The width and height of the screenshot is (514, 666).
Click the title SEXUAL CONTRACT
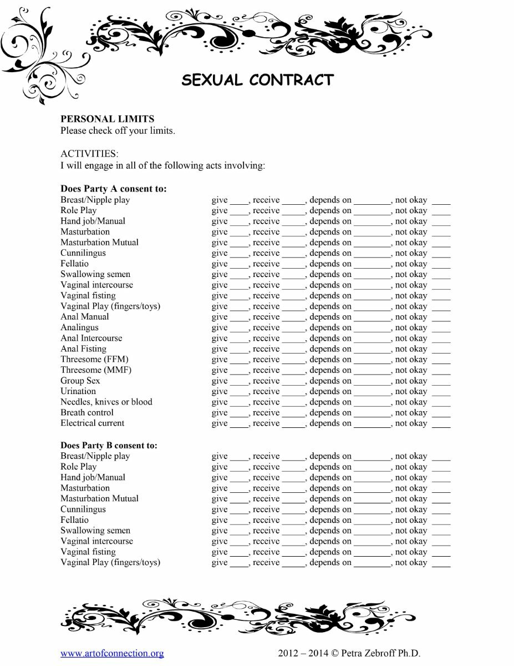(x=258, y=80)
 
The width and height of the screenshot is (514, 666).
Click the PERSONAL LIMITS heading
(x=108, y=119)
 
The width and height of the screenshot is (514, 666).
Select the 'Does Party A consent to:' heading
(x=114, y=189)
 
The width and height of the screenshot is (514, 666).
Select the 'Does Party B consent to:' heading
(x=109, y=445)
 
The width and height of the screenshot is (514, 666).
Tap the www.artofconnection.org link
(x=112, y=653)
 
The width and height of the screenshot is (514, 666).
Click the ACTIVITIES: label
(x=89, y=153)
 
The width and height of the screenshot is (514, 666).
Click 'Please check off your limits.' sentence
(x=118, y=131)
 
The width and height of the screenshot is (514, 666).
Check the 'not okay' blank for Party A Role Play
(x=441, y=211)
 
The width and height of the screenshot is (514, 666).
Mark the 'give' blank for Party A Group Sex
(x=239, y=382)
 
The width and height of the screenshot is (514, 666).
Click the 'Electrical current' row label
(x=93, y=423)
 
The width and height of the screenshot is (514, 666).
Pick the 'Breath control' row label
(x=87, y=412)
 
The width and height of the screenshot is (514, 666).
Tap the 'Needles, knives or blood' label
(x=106, y=402)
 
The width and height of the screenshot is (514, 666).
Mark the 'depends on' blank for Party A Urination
(x=373, y=392)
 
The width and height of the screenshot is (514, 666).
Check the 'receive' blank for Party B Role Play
(x=293, y=468)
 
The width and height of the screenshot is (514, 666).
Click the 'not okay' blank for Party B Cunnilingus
(x=441, y=511)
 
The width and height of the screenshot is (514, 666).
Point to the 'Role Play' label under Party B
(x=79, y=467)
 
